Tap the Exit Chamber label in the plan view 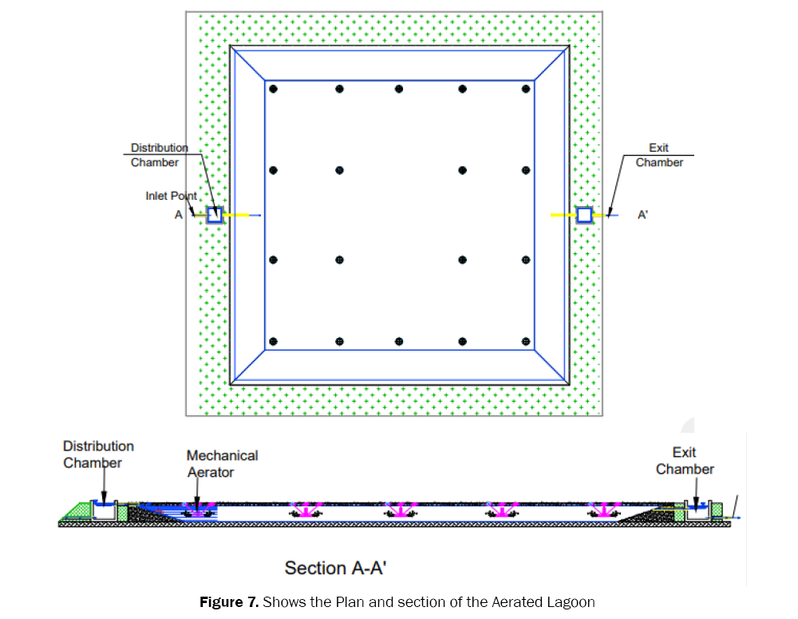(659, 155)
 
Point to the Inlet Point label (171, 196)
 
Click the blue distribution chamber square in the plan (214, 214)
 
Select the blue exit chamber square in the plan (584, 214)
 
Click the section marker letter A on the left (179, 214)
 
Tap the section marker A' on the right (642, 214)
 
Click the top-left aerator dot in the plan (273, 88)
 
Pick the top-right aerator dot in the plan (525, 88)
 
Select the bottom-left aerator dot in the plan (273, 342)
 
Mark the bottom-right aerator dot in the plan (525, 342)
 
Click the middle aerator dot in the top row (399, 88)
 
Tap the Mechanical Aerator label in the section (222, 463)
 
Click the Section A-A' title (336, 568)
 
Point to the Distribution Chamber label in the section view (98, 454)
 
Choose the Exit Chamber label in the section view (685, 461)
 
